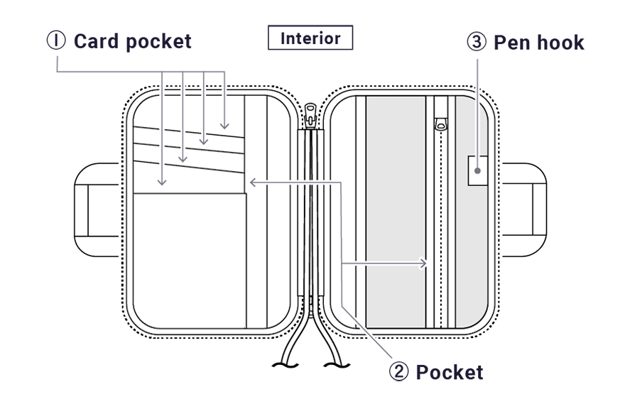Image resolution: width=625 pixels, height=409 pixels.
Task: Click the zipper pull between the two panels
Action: [309, 115]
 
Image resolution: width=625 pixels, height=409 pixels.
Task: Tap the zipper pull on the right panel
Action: [441, 124]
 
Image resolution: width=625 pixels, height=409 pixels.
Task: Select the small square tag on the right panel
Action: [477, 170]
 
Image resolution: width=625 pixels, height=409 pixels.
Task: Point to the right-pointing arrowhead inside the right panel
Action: [425, 263]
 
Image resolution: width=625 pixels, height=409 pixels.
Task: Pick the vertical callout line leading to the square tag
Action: [477, 121]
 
